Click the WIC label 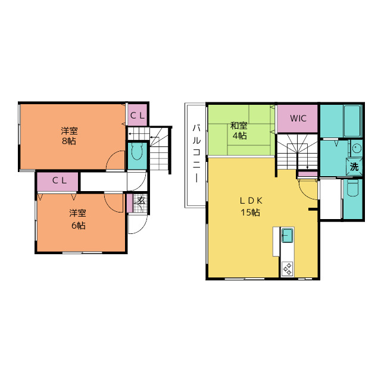tap(298, 118)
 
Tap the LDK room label tap(251, 201)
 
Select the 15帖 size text tap(251, 213)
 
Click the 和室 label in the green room tap(239, 126)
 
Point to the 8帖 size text tap(69, 141)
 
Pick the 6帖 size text tap(78, 226)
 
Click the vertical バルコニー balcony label tap(196, 154)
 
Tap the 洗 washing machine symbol tap(354, 167)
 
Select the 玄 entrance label tap(141, 201)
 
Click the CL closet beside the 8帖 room tap(138, 115)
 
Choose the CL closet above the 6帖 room tap(58, 182)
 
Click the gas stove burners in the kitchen tap(287, 268)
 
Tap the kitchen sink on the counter tap(287, 235)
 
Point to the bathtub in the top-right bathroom tap(352, 121)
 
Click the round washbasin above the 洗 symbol tap(357, 148)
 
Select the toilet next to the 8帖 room tap(137, 151)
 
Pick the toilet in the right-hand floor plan tap(353, 188)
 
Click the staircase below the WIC tap(298, 152)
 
